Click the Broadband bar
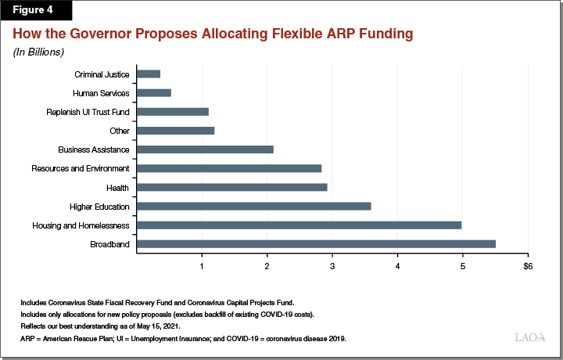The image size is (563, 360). [x=316, y=243]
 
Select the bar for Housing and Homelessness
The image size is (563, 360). [x=299, y=225]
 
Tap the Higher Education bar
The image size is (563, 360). [x=253, y=206]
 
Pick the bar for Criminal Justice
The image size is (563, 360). [x=149, y=74]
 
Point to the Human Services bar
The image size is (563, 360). [x=154, y=92]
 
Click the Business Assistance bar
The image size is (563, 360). [x=205, y=149]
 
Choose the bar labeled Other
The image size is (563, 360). [x=175, y=130]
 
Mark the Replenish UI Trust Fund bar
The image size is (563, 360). [x=173, y=111]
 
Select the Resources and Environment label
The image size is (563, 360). [x=81, y=168]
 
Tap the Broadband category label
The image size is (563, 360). [x=110, y=244]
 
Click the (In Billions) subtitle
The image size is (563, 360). [x=38, y=52]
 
